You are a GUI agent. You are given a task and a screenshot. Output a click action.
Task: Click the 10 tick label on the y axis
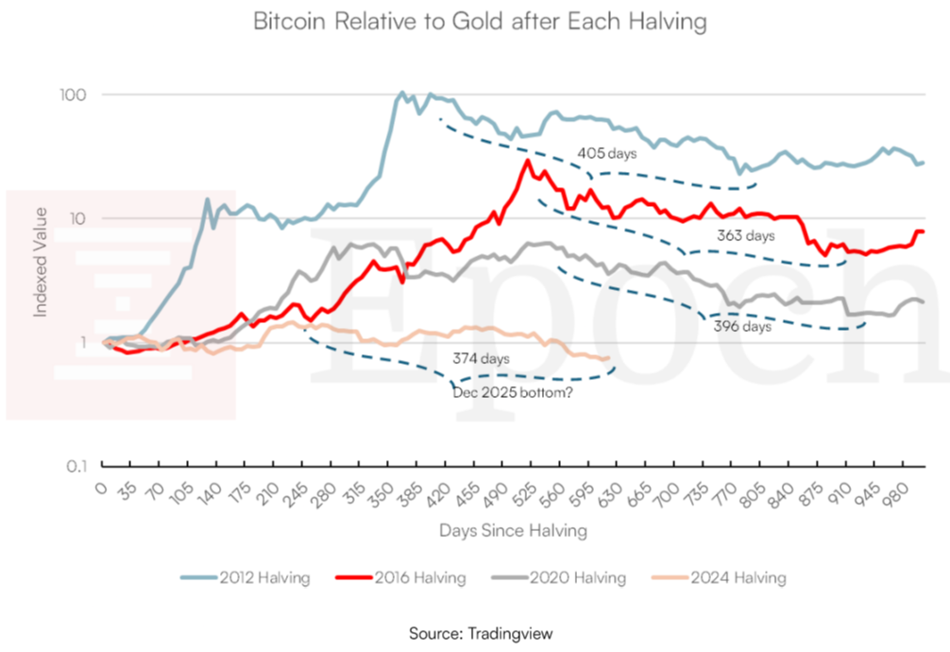(77, 218)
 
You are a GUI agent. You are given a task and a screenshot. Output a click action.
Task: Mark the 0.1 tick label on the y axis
(76, 466)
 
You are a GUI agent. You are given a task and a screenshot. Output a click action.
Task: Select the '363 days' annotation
(746, 236)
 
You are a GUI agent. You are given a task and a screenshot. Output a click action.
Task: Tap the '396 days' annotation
(743, 327)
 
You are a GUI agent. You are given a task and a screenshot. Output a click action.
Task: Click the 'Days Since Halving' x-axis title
(513, 531)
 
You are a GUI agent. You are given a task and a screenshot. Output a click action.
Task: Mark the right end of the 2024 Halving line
(606, 358)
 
